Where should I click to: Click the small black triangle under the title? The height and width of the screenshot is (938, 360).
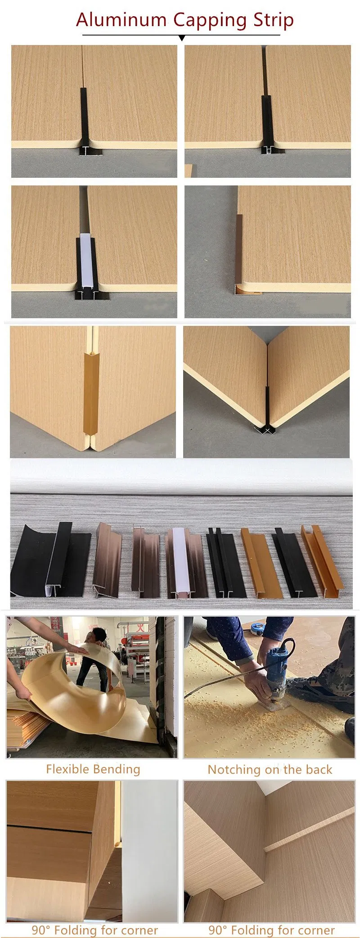point(182,38)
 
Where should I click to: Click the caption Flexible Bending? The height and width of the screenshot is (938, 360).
point(93,769)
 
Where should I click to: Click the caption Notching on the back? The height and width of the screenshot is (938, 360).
point(270,770)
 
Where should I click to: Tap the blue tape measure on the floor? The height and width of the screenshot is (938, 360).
point(259,627)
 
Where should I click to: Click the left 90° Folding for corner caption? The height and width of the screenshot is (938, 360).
point(94,930)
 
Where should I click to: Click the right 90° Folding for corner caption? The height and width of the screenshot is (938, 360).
point(271,930)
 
